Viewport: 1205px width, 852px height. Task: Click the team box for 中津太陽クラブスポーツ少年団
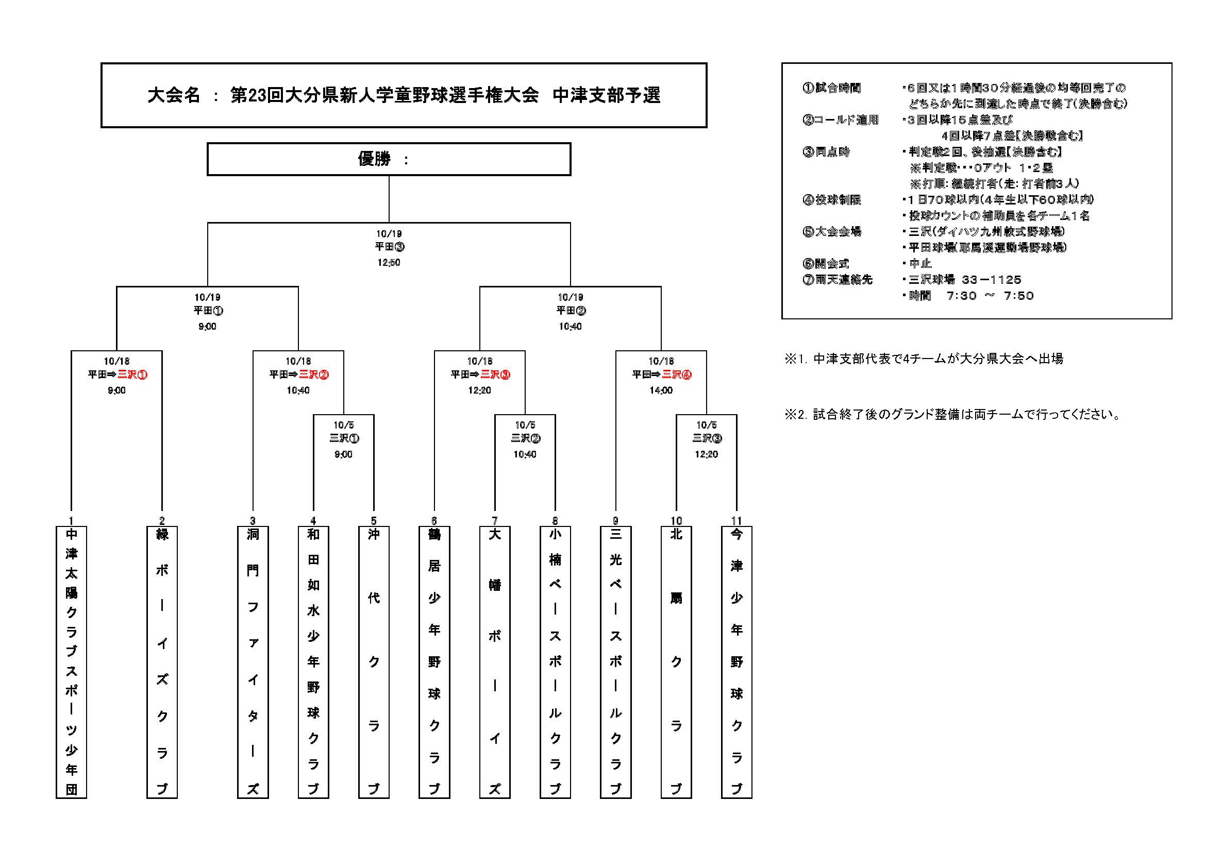[x=71, y=662]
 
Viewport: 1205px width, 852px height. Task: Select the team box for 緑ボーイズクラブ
[x=162, y=662]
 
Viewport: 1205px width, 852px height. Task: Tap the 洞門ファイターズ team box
[x=253, y=662]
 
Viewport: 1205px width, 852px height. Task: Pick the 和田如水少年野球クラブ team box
[x=313, y=662]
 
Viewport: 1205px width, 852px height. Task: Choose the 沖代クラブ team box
[x=374, y=662]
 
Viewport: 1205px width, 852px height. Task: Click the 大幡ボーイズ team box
[x=495, y=662]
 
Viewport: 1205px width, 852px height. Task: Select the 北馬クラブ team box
[x=676, y=662]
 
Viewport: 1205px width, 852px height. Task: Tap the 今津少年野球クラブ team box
[x=737, y=662]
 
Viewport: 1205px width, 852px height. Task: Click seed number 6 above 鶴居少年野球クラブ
[x=434, y=521]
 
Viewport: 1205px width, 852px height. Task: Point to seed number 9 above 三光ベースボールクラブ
[x=615, y=521]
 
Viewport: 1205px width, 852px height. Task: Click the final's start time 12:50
[x=389, y=262]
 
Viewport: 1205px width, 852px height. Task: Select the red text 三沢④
[x=677, y=374]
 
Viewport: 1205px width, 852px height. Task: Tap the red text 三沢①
[x=132, y=374]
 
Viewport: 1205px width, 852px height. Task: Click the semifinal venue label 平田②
[x=571, y=311]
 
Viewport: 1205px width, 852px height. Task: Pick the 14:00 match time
[x=661, y=390]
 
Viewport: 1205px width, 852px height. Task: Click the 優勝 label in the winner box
[x=374, y=159]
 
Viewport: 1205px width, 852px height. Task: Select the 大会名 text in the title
[x=174, y=95]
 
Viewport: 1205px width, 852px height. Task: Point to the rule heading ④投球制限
[x=832, y=199]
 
